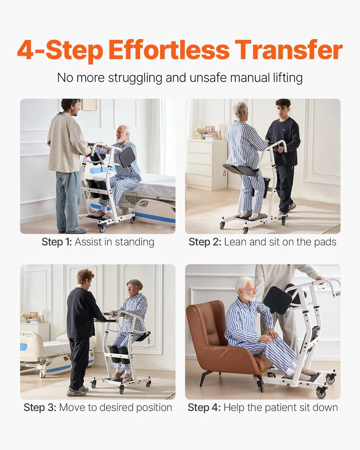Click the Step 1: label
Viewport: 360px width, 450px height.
(x=57, y=242)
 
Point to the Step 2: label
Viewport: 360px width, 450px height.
(x=204, y=242)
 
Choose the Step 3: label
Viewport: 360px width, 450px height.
(x=40, y=408)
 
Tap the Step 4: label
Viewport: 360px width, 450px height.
(x=204, y=408)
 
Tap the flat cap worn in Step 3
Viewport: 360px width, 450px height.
(x=135, y=283)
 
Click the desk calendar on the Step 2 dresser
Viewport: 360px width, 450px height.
(x=210, y=129)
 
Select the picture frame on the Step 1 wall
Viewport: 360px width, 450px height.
(x=89, y=104)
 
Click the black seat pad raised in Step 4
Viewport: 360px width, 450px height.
(x=278, y=300)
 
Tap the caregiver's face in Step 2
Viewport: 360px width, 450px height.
(x=283, y=109)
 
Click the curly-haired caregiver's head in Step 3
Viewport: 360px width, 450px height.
(x=85, y=277)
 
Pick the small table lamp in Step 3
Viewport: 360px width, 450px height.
(x=43, y=315)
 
